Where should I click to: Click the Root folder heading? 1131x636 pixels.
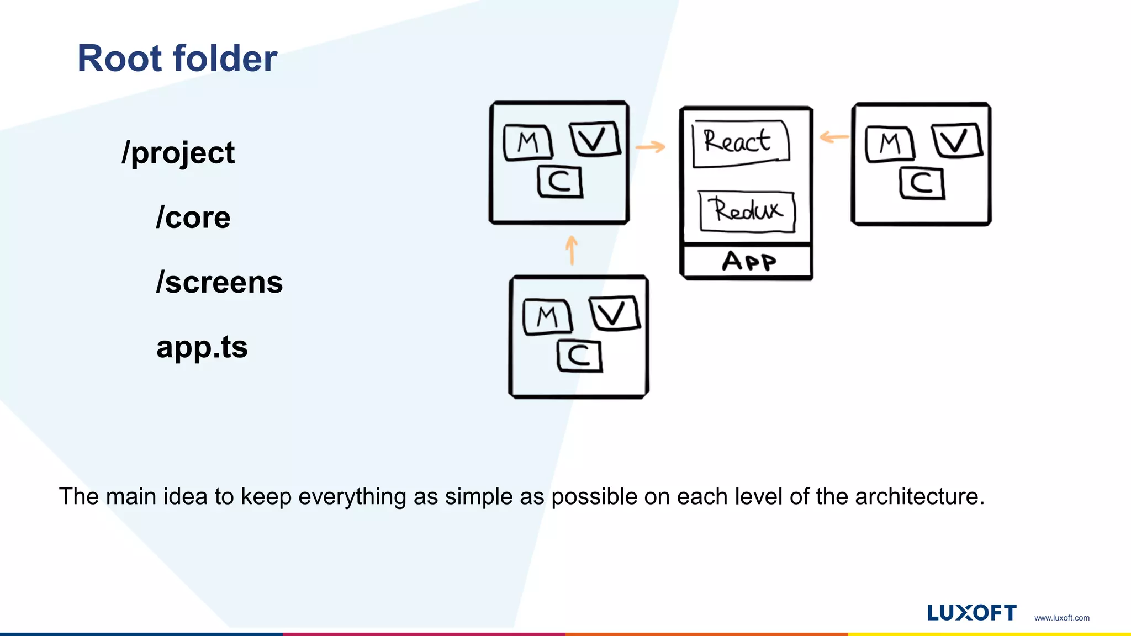point(177,59)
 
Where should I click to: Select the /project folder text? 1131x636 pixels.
point(178,153)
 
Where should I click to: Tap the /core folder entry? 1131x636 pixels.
point(193,218)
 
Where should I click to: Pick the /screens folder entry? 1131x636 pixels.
point(219,282)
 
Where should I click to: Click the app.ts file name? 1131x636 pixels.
point(202,347)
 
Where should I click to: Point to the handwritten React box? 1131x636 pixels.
point(740,142)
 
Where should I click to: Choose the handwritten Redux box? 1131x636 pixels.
point(747,211)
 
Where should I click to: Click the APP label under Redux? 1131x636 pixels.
point(749,261)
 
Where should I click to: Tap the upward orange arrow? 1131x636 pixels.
point(572,250)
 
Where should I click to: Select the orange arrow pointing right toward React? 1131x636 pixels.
point(650,147)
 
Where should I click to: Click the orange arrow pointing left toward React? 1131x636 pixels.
point(834,137)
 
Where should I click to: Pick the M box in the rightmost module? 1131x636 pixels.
point(890,144)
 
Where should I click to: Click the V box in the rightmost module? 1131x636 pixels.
point(957,141)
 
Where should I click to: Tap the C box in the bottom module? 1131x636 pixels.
point(579,356)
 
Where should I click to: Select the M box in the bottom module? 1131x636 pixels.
point(547,317)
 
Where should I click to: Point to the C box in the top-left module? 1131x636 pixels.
point(560,182)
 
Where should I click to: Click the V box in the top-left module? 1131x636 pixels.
point(595,139)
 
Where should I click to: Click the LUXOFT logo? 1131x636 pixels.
point(971,613)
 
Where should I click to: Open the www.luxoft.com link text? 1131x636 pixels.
point(1061,618)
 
